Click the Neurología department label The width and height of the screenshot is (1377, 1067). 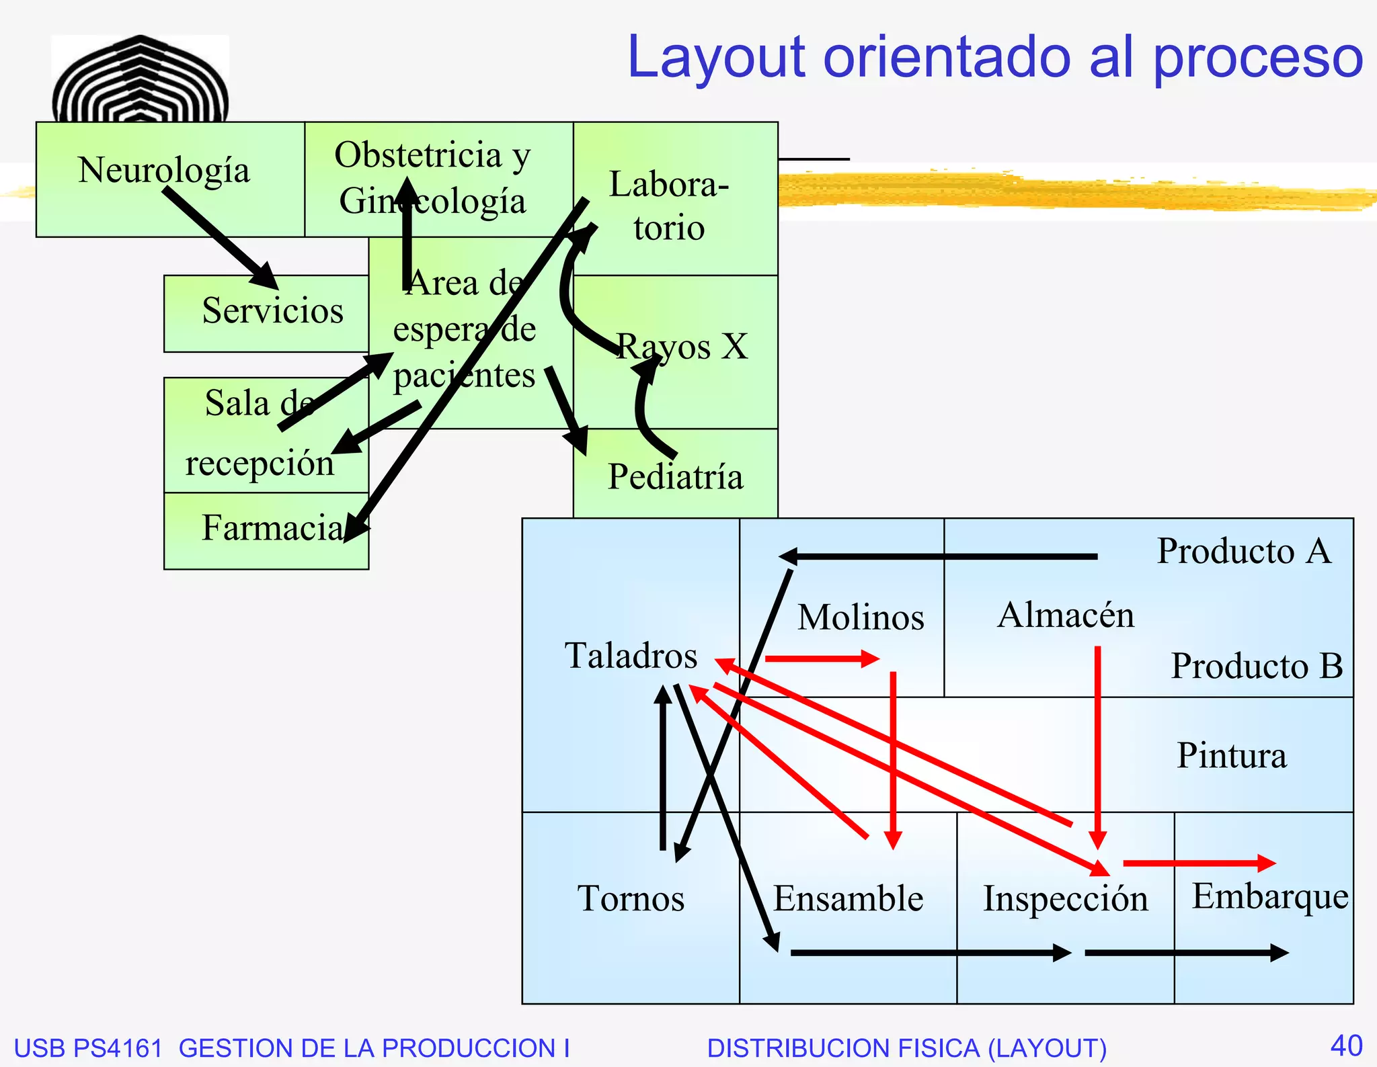[x=163, y=170]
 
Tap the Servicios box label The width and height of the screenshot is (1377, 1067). [x=272, y=310]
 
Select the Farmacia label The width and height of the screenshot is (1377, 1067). [x=272, y=527]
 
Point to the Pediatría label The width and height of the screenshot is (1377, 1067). [x=675, y=477]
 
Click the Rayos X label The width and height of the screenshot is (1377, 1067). [x=682, y=347]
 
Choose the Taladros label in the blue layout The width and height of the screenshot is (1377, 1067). [x=631, y=655]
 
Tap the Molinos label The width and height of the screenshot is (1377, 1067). [x=861, y=617]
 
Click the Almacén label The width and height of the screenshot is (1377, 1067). [x=1066, y=615]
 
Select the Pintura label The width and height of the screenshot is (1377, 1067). [x=1232, y=755]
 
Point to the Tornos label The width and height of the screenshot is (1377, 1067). [x=631, y=898]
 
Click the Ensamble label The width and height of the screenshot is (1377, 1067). [x=848, y=898]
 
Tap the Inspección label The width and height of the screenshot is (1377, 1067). [x=1066, y=898]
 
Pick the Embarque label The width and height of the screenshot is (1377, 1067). [x=1269, y=896]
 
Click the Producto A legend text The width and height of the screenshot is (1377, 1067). [x=1244, y=551]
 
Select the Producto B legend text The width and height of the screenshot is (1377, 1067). [x=1257, y=666]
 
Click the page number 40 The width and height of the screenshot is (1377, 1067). [x=1346, y=1045]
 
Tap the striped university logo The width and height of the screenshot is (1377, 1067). [x=140, y=79]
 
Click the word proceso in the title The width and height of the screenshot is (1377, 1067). [x=1257, y=57]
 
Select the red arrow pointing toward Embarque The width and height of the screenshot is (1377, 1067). [x=1199, y=863]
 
